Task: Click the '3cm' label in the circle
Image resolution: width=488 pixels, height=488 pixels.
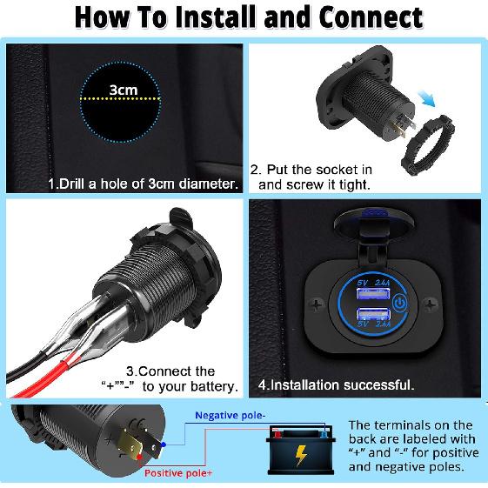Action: [123, 90]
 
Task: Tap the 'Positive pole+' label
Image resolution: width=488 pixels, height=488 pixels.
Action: [178, 473]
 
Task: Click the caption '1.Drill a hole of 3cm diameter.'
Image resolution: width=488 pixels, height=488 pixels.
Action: [143, 184]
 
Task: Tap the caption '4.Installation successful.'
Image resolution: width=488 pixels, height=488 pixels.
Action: [336, 384]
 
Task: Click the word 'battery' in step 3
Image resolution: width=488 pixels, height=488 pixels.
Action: [210, 385]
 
